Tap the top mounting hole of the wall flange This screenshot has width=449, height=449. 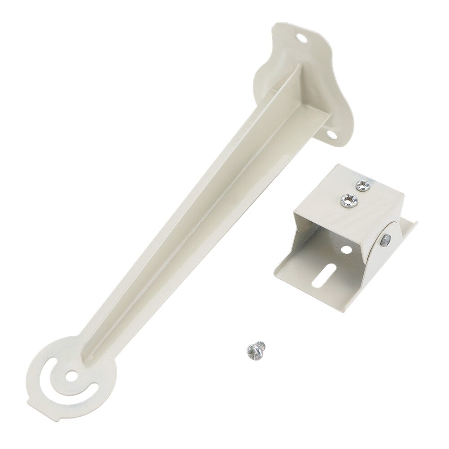point(305,39)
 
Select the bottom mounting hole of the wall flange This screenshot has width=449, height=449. point(331,134)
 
